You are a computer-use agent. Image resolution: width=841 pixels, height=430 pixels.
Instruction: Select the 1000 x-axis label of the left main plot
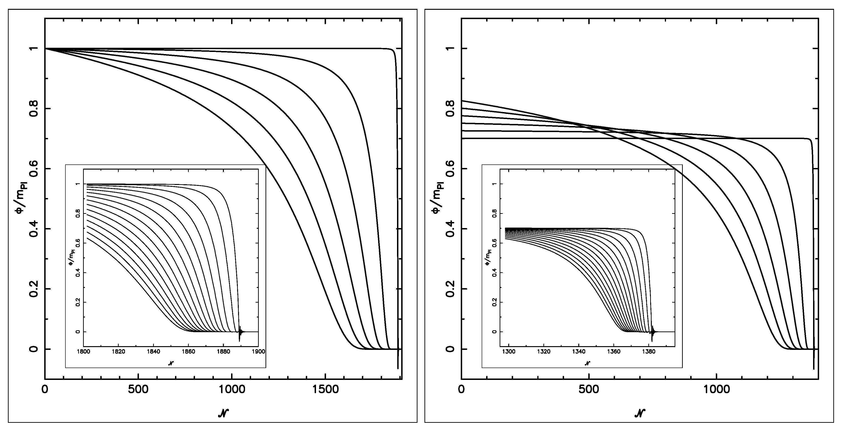coord(232,390)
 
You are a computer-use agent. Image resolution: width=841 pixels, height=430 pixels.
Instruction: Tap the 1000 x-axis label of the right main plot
coord(717,390)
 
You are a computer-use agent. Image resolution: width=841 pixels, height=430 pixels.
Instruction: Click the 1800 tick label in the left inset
coord(84,352)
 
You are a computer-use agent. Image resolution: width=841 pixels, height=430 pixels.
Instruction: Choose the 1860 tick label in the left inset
coord(188,352)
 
